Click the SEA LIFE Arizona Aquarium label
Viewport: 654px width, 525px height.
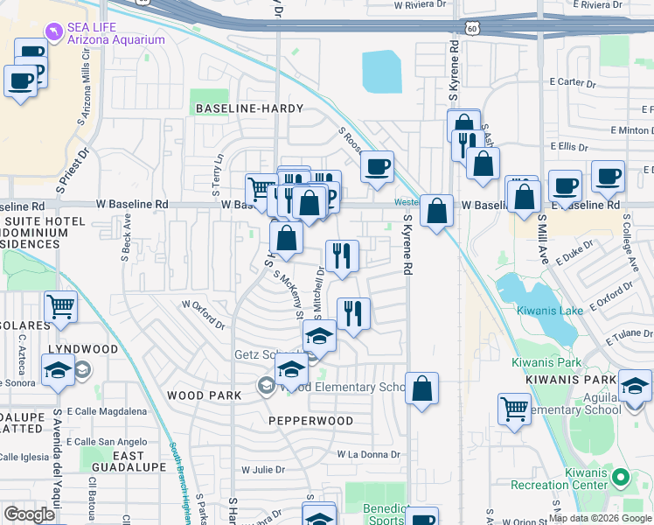(117, 33)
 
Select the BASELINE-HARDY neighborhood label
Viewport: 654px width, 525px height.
(249, 108)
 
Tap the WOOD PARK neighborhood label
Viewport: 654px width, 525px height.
(204, 395)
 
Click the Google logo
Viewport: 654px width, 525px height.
(29, 514)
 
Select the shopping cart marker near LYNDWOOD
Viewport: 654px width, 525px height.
(60, 306)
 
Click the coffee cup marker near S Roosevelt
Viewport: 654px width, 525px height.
(377, 166)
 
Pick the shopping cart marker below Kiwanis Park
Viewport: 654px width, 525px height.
(514, 409)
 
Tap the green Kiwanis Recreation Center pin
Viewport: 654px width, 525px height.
(620, 478)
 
